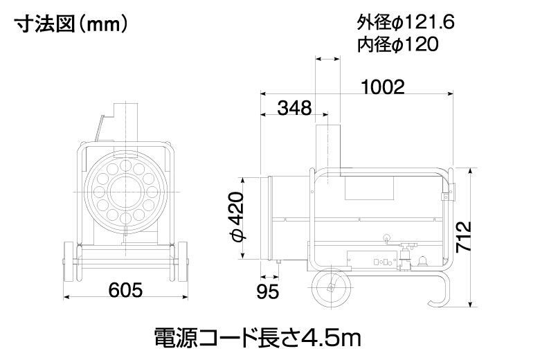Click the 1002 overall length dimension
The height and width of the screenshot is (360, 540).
pyautogui.click(x=383, y=87)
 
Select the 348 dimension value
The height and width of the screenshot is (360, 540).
pyautogui.click(x=294, y=108)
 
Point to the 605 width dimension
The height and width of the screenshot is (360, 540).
pyautogui.click(x=125, y=290)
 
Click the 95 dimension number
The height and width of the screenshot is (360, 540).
pyautogui.click(x=268, y=292)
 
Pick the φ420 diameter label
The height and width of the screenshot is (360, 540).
pyautogui.click(x=237, y=217)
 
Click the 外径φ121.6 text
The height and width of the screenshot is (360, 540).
pyautogui.click(x=406, y=23)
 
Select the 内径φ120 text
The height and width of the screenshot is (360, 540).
pyautogui.click(x=398, y=44)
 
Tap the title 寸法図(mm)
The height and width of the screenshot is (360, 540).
pyautogui.click(x=71, y=24)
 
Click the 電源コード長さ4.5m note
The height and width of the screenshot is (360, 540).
pyautogui.click(x=258, y=338)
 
